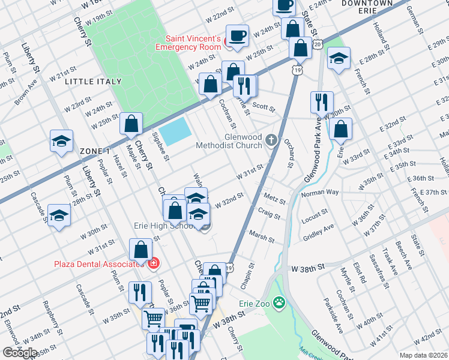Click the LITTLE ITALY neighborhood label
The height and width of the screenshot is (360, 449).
(93, 81)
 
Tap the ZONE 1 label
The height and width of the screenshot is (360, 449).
(95, 151)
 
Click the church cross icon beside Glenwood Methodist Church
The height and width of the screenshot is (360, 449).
(271, 140)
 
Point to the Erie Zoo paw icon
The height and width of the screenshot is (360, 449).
(279, 304)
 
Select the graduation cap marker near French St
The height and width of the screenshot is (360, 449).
(339, 58)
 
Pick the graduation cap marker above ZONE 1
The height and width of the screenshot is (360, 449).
(61, 141)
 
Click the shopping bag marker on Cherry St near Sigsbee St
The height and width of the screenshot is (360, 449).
(131, 124)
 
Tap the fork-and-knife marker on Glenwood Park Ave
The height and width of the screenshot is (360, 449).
(322, 102)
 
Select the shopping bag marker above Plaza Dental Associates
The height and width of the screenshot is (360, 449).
(140, 249)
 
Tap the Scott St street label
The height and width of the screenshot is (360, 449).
(263, 109)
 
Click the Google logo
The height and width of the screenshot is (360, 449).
(20, 353)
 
